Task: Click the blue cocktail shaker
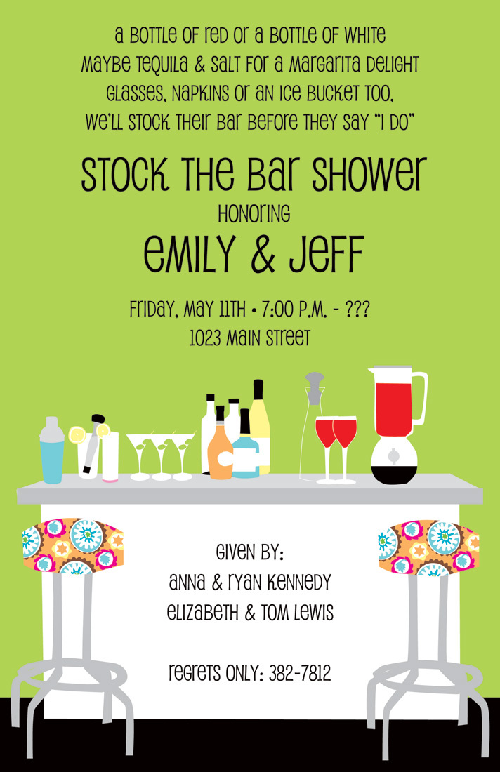52,450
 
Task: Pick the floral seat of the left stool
72,545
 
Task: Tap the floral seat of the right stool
428,547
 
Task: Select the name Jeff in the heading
327,254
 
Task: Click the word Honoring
254,213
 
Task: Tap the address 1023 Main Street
250,338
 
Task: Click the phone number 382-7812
299,673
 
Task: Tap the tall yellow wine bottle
260,427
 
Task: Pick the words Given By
250,552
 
